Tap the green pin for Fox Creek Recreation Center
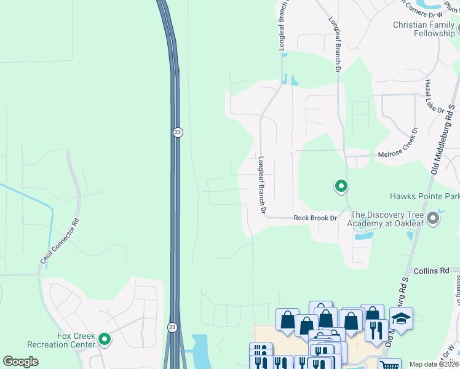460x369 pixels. point(105,338)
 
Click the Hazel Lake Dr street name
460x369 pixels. point(434,96)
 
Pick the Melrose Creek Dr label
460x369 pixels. point(397,148)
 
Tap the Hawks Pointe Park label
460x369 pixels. point(424,197)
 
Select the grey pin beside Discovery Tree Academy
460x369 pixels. point(434,218)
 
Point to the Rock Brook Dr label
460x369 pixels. point(315,218)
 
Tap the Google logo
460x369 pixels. point(20,362)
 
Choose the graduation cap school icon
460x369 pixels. point(401,319)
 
